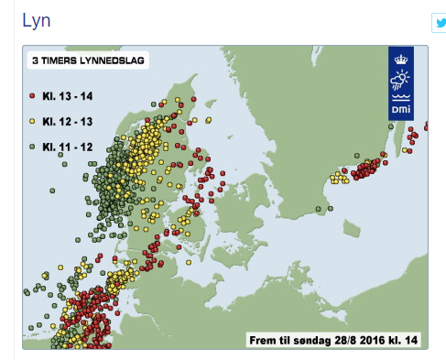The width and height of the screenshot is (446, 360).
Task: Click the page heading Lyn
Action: click(37, 21)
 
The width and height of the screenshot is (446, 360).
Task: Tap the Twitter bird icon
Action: click(441, 23)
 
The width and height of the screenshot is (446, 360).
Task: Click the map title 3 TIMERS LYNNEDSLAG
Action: click(88, 60)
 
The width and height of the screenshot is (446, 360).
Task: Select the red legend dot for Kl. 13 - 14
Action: click(32, 96)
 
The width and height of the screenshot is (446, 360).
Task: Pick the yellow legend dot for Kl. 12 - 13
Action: click(32, 121)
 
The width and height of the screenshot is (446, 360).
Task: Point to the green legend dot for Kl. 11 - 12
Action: click(32, 147)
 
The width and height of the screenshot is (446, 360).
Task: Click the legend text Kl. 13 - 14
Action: click(68, 96)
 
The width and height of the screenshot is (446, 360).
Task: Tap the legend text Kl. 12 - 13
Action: click(68, 122)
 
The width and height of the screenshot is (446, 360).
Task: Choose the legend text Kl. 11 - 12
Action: click(68, 147)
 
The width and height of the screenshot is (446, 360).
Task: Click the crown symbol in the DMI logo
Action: click(401, 60)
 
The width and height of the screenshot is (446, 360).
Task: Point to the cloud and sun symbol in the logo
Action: click(400, 80)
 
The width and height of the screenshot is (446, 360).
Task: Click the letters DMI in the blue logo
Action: click(401, 109)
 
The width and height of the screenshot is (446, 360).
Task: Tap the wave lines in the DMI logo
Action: click(401, 97)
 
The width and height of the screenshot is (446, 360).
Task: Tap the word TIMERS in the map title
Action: click(59, 60)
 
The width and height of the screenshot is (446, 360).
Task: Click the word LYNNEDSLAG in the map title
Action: click(112, 60)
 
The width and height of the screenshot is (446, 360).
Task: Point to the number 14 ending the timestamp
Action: click(411, 340)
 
